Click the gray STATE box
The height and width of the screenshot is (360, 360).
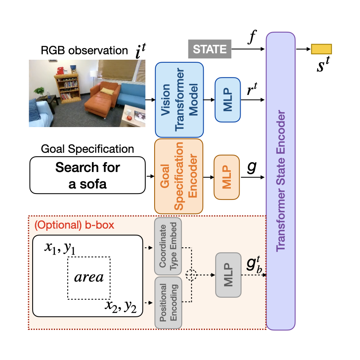click(x=210, y=49)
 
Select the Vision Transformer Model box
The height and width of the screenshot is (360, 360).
click(x=179, y=100)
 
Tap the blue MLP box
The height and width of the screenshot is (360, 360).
click(x=228, y=100)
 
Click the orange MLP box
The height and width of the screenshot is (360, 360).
click(x=227, y=177)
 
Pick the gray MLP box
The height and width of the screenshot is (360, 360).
click(x=228, y=275)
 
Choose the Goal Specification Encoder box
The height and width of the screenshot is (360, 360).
click(x=179, y=176)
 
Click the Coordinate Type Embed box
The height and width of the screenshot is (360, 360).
click(x=168, y=246)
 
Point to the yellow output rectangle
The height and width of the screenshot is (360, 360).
click(x=321, y=49)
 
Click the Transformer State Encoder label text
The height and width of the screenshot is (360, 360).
click(x=280, y=181)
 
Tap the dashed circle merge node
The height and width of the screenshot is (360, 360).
click(x=191, y=275)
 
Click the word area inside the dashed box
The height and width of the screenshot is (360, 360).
click(x=89, y=277)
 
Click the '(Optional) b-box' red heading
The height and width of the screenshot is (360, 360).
click(x=74, y=225)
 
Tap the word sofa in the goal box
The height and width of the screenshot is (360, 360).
click(x=93, y=184)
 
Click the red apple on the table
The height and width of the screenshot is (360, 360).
click(x=130, y=118)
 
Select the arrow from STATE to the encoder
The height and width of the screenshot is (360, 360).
click(x=248, y=49)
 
